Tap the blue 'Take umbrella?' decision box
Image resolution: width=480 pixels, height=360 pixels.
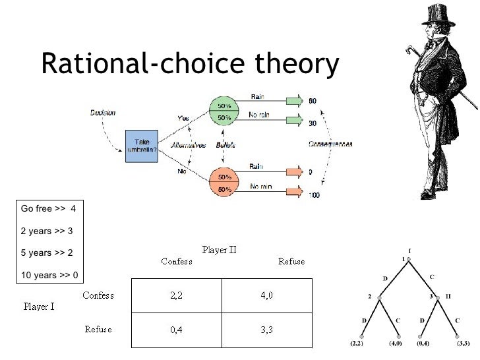click(x=142, y=146)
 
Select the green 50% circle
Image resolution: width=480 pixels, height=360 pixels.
click(x=224, y=111)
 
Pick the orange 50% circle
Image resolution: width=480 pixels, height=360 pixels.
click(x=224, y=183)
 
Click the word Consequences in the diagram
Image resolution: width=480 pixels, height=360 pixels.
click(x=330, y=144)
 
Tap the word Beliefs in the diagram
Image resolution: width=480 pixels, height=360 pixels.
click(x=224, y=145)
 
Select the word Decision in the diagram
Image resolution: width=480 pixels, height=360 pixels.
click(x=103, y=113)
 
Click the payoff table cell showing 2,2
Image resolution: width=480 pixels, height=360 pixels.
click(x=176, y=295)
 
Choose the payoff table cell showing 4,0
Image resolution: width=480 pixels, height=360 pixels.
click(x=266, y=295)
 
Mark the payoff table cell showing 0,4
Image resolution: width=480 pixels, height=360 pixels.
click(x=176, y=330)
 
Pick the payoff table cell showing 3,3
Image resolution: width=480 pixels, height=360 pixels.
click(x=266, y=330)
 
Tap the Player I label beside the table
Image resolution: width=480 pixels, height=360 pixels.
click(x=38, y=307)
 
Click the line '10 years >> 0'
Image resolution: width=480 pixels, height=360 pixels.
click(x=49, y=275)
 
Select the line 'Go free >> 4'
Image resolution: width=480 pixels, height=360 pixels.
click(x=49, y=209)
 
